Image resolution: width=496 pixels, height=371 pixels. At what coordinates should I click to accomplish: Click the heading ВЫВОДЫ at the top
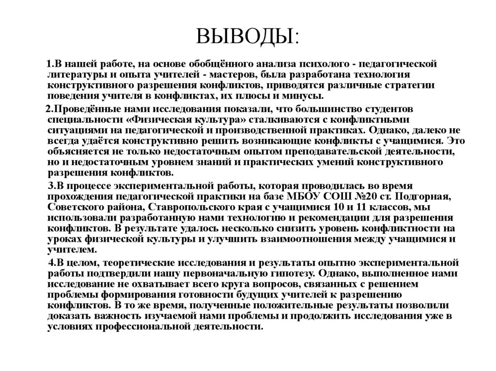point(248,36)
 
